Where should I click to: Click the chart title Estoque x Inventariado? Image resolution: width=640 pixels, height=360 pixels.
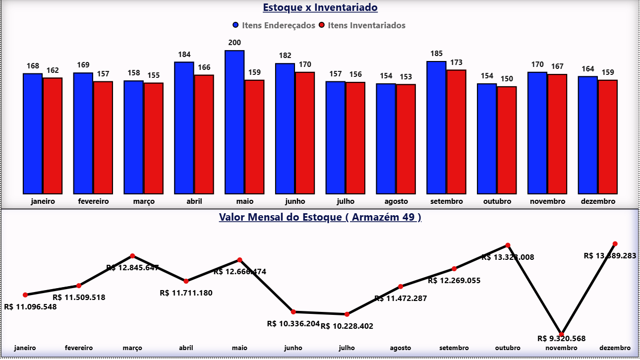(320, 8)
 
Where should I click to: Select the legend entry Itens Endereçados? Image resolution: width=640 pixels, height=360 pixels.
(278, 25)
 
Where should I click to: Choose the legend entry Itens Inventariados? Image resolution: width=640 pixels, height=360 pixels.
(366, 25)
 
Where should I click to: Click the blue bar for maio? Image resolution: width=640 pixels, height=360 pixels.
(234, 122)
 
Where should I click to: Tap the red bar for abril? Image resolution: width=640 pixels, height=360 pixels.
(204, 134)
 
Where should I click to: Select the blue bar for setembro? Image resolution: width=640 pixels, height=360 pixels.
(436, 127)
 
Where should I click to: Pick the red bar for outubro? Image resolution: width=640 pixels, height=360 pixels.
(507, 140)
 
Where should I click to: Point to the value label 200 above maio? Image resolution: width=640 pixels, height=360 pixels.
(234, 43)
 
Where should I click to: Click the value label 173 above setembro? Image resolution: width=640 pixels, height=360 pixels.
(456, 62)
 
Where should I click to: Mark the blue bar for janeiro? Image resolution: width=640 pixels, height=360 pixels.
(33, 133)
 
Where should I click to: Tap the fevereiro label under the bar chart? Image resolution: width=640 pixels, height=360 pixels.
(93, 201)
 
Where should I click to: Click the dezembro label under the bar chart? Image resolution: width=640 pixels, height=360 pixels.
(597, 201)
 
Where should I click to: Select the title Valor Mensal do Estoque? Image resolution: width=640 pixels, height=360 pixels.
(320, 217)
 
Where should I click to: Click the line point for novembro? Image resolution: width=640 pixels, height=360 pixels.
(561, 334)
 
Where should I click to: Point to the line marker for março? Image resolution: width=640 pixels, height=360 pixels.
(132, 256)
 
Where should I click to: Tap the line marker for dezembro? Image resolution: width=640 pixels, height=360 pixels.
(615, 244)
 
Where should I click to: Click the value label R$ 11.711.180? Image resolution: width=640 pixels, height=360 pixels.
(186, 293)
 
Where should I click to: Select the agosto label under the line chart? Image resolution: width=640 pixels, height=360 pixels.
(400, 348)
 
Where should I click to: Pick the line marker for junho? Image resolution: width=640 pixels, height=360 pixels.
(293, 312)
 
